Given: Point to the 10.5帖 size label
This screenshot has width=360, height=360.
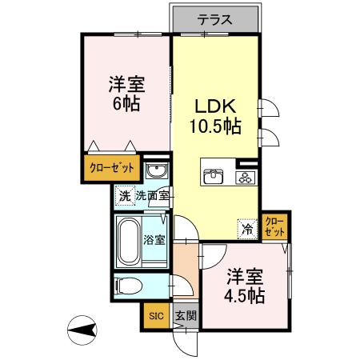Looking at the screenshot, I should click(x=215, y=126).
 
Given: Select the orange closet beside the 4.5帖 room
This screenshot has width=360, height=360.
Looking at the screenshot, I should click(x=274, y=226).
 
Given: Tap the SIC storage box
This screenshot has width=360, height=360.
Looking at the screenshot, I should click(x=155, y=315).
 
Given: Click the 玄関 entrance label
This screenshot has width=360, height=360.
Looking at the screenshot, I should click(x=184, y=315).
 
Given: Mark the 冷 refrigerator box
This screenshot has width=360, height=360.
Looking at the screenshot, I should click(x=246, y=227).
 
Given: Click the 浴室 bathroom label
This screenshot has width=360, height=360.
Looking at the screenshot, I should click(x=154, y=238).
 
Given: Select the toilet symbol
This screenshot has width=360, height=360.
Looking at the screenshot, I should click(x=129, y=286).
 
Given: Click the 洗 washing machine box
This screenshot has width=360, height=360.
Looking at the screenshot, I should click(x=124, y=195).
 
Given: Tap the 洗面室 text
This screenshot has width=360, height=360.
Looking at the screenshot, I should click(x=152, y=195).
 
